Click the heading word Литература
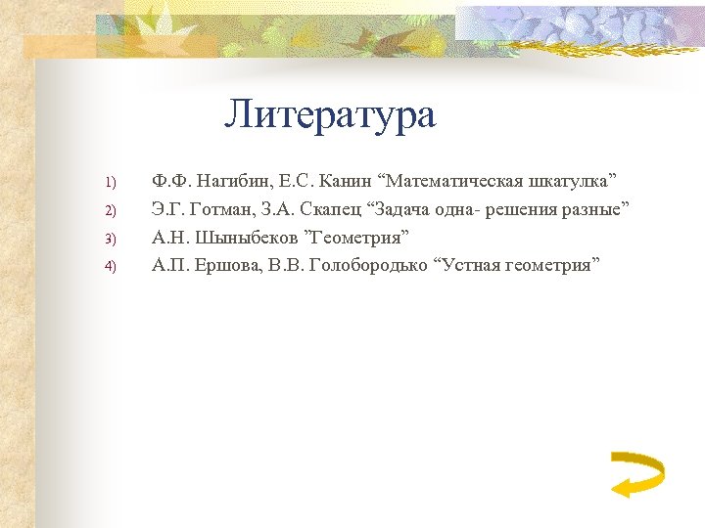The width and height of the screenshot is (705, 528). pyautogui.click(x=330, y=115)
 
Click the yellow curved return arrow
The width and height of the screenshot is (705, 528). pyautogui.click(x=635, y=473)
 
